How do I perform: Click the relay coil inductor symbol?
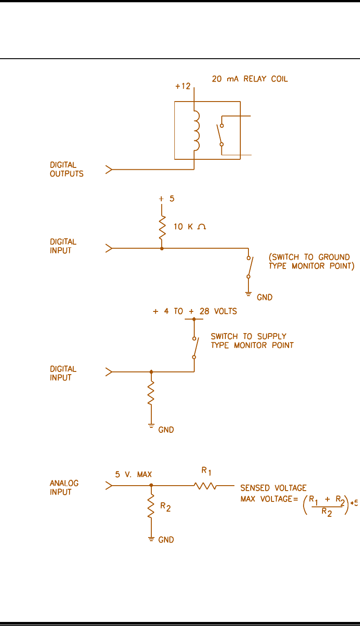click(196, 131)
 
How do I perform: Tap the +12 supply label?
click(183, 86)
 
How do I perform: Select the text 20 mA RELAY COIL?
click(250, 79)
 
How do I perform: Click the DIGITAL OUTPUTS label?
click(66, 169)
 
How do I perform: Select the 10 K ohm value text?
click(190, 227)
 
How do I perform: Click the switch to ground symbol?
click(249, 268)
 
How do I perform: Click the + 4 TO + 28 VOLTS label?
click(195, 311)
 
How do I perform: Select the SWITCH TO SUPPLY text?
click(248, 337)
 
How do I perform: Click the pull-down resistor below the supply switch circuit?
click(151, 392)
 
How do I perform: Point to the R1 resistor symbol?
click(206, 486)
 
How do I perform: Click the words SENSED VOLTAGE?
click(273, 487)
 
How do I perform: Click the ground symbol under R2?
click(151, 538)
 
